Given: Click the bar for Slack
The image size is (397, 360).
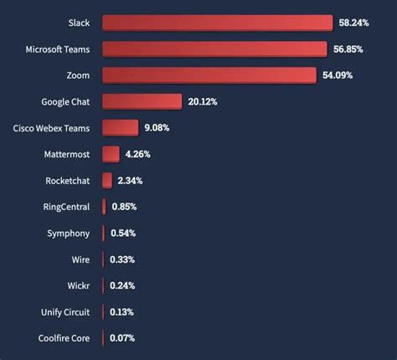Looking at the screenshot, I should pos(217,23).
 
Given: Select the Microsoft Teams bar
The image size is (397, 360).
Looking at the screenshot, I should pos(214,49).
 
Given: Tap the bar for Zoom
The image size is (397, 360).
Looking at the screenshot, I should pos(209,75).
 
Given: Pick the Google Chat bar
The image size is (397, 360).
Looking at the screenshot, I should pos(142,101).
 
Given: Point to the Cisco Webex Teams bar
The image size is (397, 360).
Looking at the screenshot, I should pos(120,128).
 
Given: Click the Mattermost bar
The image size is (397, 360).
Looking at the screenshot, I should pos(111,154).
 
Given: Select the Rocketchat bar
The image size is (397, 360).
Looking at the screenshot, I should pos(106,180).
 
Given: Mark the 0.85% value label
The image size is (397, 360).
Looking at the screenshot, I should pos(123,207).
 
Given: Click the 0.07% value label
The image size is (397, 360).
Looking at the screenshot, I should pos(121,338).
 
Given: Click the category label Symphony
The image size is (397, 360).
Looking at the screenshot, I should pos(68,233).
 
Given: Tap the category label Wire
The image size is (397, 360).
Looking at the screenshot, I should pos(80,260).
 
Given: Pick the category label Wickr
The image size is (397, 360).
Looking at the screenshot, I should pos(78,285).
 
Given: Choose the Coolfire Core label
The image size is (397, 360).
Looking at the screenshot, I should pos(63,338).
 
